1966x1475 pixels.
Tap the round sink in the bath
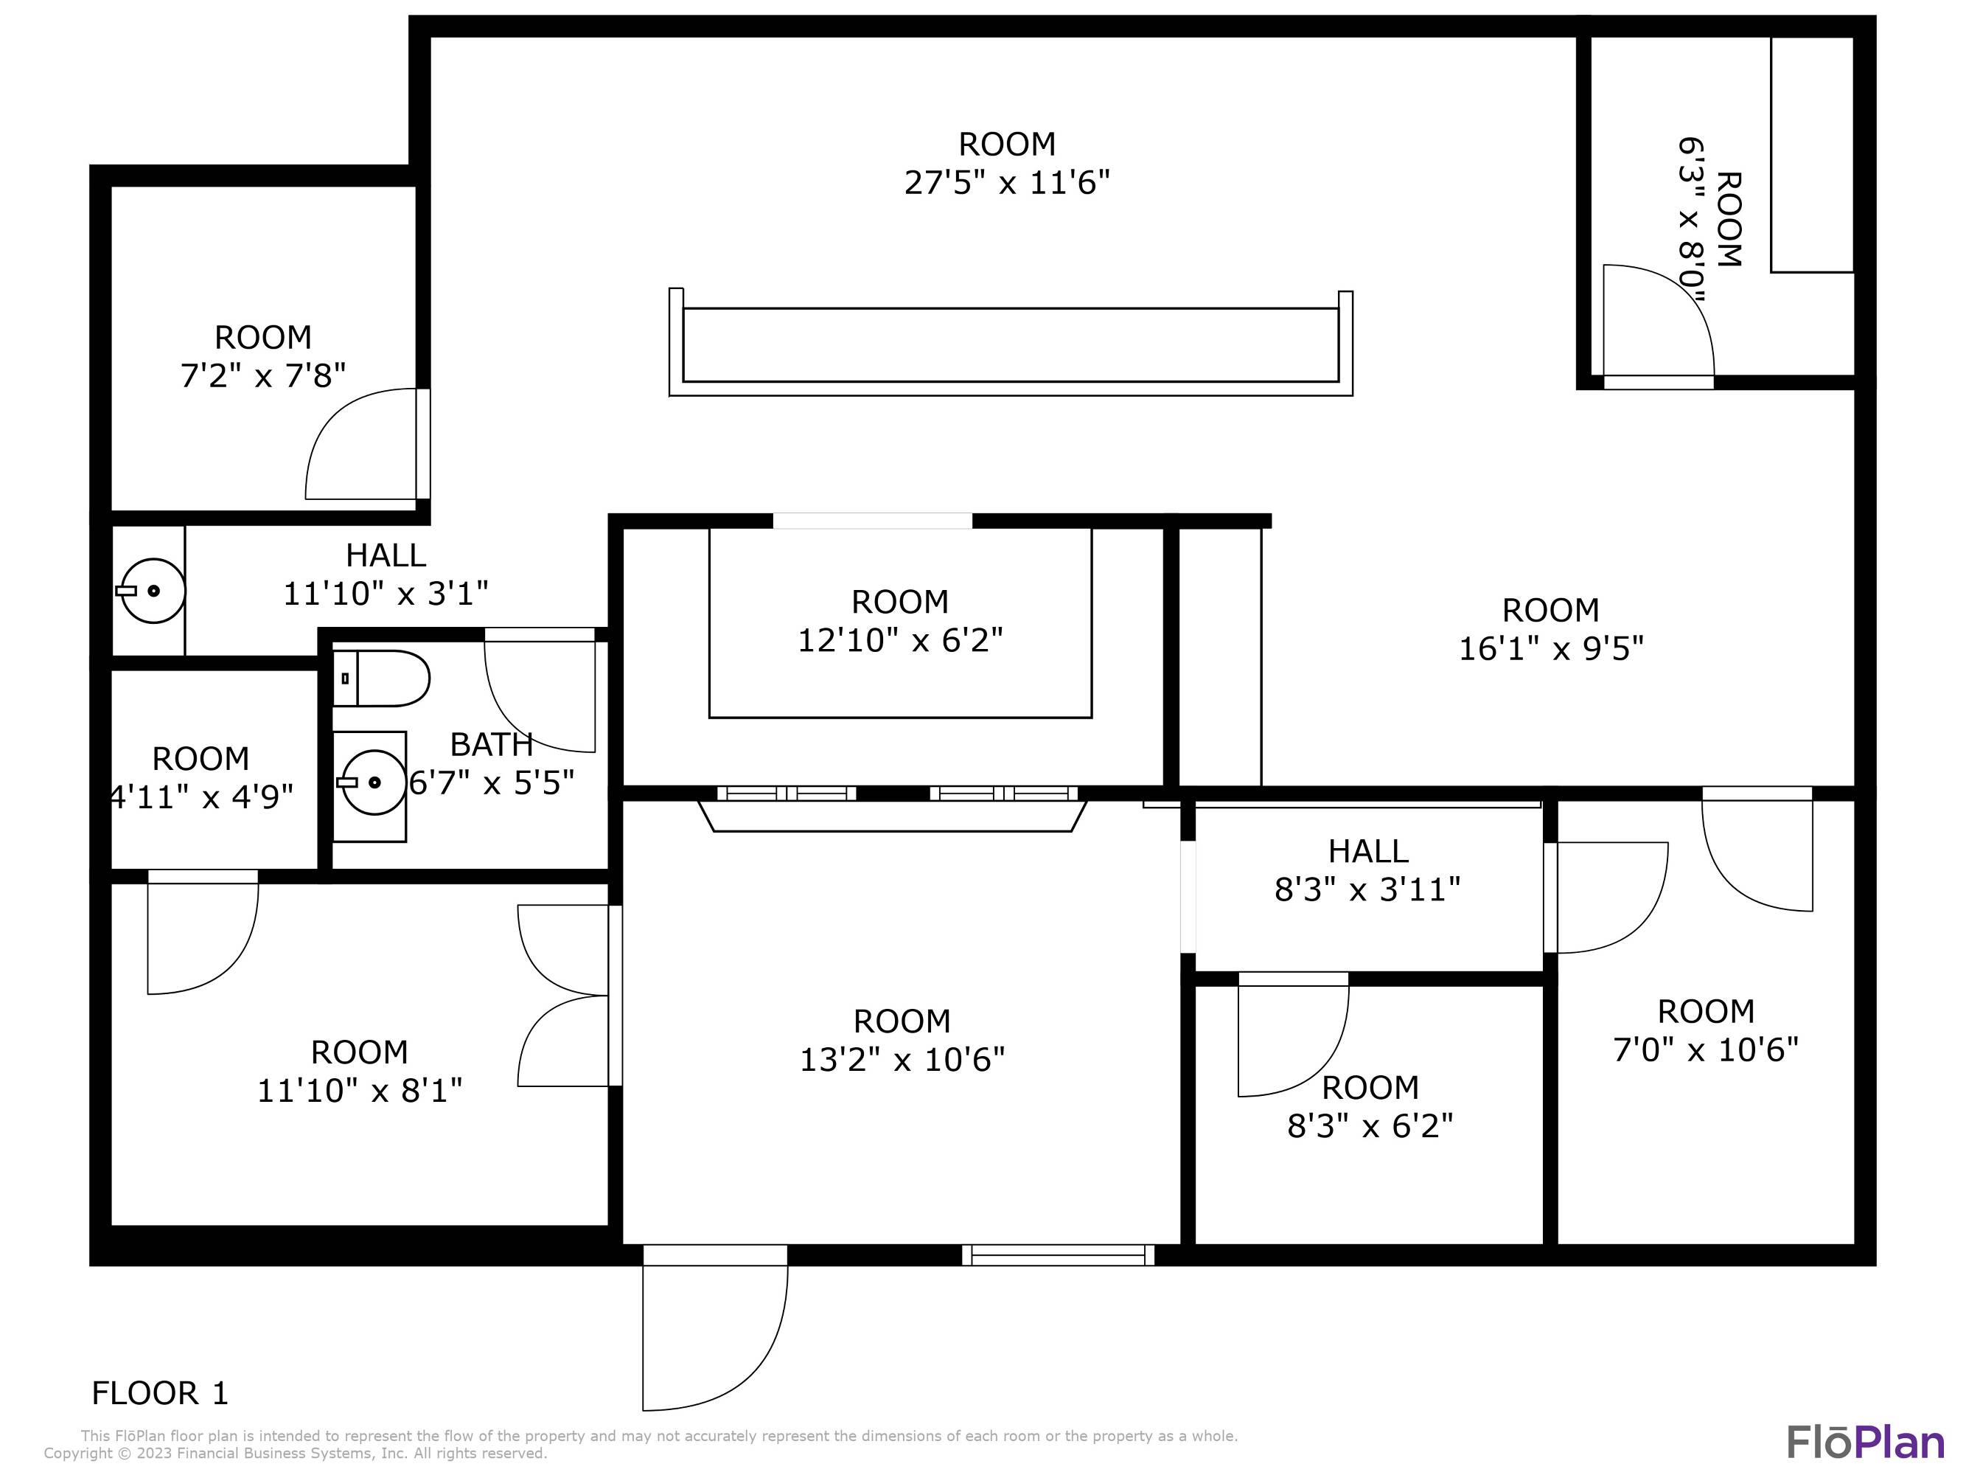point(373,782)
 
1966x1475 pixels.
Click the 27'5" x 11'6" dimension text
point(1007,183)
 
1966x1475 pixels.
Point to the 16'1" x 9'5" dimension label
point(1551,649)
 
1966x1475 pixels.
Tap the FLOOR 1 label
point(160,1393)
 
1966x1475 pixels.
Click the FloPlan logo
point(1866,1441)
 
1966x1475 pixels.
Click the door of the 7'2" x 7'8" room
point(367,444)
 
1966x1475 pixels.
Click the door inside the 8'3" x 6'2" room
point(1293,1035)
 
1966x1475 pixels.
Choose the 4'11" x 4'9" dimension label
point(200,796)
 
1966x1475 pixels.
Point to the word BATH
point(491,744)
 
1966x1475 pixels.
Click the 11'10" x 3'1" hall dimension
point(386,593)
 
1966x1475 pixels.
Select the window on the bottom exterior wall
point(1058,1254)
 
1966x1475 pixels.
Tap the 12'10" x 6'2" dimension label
point(899,640)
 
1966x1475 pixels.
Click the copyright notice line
point(295,1453)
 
